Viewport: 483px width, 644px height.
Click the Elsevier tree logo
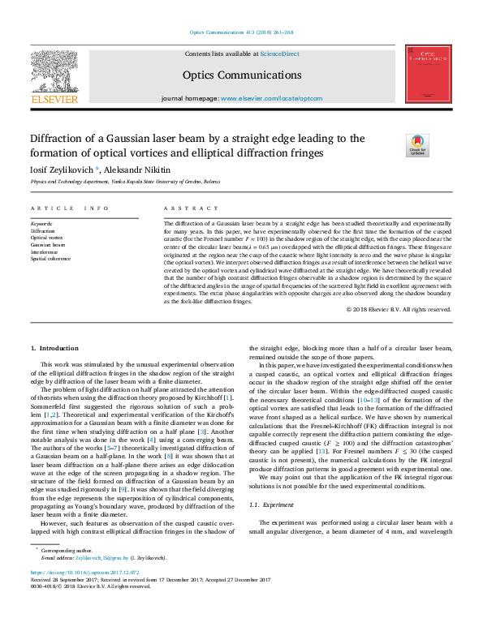coord(54,70)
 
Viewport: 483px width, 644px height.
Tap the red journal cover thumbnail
coord(429,75)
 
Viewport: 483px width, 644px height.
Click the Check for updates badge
coord(417,145)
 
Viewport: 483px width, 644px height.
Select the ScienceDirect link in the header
coord(278,54)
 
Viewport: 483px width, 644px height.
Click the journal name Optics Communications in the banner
coord(242,75)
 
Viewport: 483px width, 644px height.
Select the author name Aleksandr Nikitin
coord(139,170)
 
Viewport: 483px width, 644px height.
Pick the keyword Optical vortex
coord(48,237)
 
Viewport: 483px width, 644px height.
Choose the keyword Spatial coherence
coord(51,259)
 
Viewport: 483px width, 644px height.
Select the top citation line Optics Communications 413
coord(241,32)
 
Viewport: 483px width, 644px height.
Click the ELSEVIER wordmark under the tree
coord(54,100)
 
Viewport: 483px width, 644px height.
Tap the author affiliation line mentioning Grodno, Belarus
coord(125,182)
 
